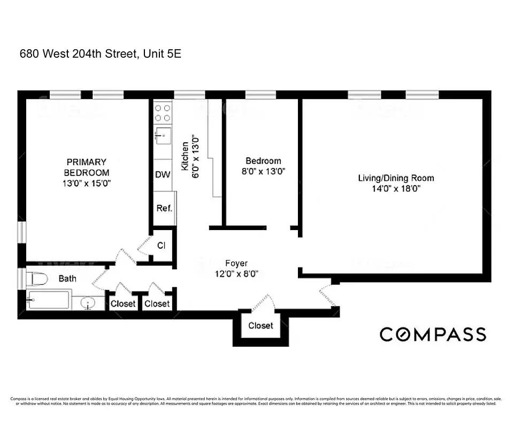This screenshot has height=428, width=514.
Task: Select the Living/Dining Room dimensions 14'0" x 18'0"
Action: [x=396, y=188]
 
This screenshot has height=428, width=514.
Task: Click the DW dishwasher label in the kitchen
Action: [x=162, y=175]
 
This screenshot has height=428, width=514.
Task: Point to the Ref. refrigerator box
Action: [x=164, y=208]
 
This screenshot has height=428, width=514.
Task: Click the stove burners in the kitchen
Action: [x=163, y=112]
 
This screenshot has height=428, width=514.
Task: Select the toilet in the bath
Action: [x=37, y=279]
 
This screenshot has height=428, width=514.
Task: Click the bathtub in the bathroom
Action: [x=48, y=300]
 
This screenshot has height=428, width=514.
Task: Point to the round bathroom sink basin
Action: [x=88, y=303]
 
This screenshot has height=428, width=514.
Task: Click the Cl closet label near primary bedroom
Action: [x=161, y=246]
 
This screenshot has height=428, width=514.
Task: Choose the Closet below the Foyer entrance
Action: [x=260, y=325]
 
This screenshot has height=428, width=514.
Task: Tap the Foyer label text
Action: [x=236, y=263]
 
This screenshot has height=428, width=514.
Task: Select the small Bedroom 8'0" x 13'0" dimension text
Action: [x=263, y=172]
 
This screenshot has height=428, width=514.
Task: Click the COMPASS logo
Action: [x=433, y=334]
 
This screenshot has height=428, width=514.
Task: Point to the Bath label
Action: [x=67, y=279]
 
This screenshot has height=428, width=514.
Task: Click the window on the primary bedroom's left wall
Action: [x=21, y=232]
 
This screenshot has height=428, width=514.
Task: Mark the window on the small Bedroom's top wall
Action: [x=260, y=95]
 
